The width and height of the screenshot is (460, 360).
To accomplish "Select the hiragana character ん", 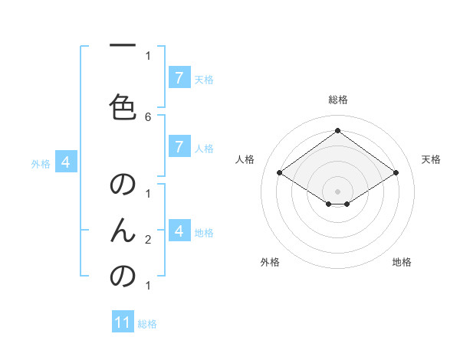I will tap(123, 230).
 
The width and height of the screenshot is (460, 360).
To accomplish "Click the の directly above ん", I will tap(123, 185).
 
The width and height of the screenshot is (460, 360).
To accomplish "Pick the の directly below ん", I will tap(123, 276).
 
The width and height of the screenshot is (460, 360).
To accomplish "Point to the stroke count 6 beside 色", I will tap(148, 116).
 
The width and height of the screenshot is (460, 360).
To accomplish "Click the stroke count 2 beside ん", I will tap(148, 240).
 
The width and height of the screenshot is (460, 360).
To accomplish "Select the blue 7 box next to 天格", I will tap(179, 78).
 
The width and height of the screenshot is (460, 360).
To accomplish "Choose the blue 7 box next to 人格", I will tap(179, 147).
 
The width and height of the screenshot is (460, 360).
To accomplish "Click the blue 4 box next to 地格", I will tap(179, 231).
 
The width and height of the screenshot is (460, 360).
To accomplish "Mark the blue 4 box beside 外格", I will tap(67, 162).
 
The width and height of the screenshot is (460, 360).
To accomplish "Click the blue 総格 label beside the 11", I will tap(147, 324).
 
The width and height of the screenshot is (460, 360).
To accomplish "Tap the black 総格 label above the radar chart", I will tap(338, 100).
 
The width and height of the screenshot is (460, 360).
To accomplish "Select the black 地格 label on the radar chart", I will tap(402, 262).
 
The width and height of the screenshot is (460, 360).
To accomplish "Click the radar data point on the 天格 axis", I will tap(396, 173).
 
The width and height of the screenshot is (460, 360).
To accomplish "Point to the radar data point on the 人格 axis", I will tap(280, 173).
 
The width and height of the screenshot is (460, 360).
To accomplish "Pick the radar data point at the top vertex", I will tap(338, 131).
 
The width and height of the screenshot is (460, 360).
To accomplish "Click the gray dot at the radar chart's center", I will tap(338, 191).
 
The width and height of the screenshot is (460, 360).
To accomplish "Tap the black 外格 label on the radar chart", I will tap(270, 262).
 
